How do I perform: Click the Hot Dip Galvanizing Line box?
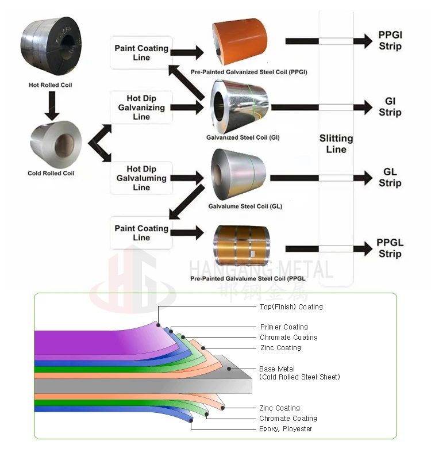click(x=141, y=108)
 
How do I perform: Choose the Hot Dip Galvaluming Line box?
click(x=141, y=178)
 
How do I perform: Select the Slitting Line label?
click(x=336, y=144)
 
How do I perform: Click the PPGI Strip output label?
click(x=390, y=41)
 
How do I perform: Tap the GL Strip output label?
click(x=390, y=178)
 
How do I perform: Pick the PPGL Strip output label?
click(x=390, y=248)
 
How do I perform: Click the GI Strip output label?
click(x=390, y=107)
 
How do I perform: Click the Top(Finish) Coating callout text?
click(x=291, y=307)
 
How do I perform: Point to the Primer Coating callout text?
click(x=284, y=327)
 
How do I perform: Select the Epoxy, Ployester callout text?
click(x=286, y=429)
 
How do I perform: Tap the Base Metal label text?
click(x=277, y=369)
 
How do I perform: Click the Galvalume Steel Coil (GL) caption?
click(x=245, y=206)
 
